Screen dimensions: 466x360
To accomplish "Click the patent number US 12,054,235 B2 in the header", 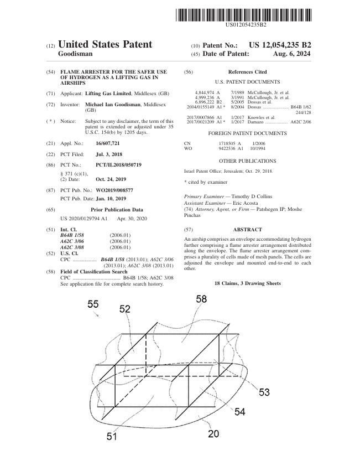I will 280,44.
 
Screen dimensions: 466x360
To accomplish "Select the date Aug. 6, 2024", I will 291,54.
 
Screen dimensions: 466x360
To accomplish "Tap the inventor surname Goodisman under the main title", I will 75,54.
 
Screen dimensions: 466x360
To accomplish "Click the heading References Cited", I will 247,72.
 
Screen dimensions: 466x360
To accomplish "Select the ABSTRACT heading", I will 247,229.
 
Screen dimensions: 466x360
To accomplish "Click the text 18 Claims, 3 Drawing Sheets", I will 247,283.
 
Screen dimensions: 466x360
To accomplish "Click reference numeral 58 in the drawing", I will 201,299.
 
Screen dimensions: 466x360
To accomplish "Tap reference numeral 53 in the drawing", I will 264,392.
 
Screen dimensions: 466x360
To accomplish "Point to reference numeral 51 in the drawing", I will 112,437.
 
